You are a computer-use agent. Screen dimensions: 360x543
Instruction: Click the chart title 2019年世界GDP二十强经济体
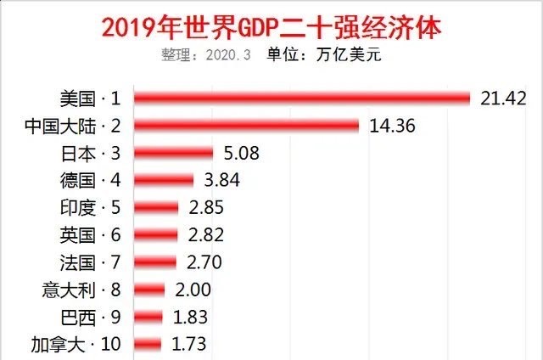[x=271, y=25]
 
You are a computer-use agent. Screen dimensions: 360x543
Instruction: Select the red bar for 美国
[x=302, y=98]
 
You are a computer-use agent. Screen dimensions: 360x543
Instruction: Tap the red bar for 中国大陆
[x=248, y=126]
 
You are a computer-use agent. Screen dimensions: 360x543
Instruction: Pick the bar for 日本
[x=175, y=154]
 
